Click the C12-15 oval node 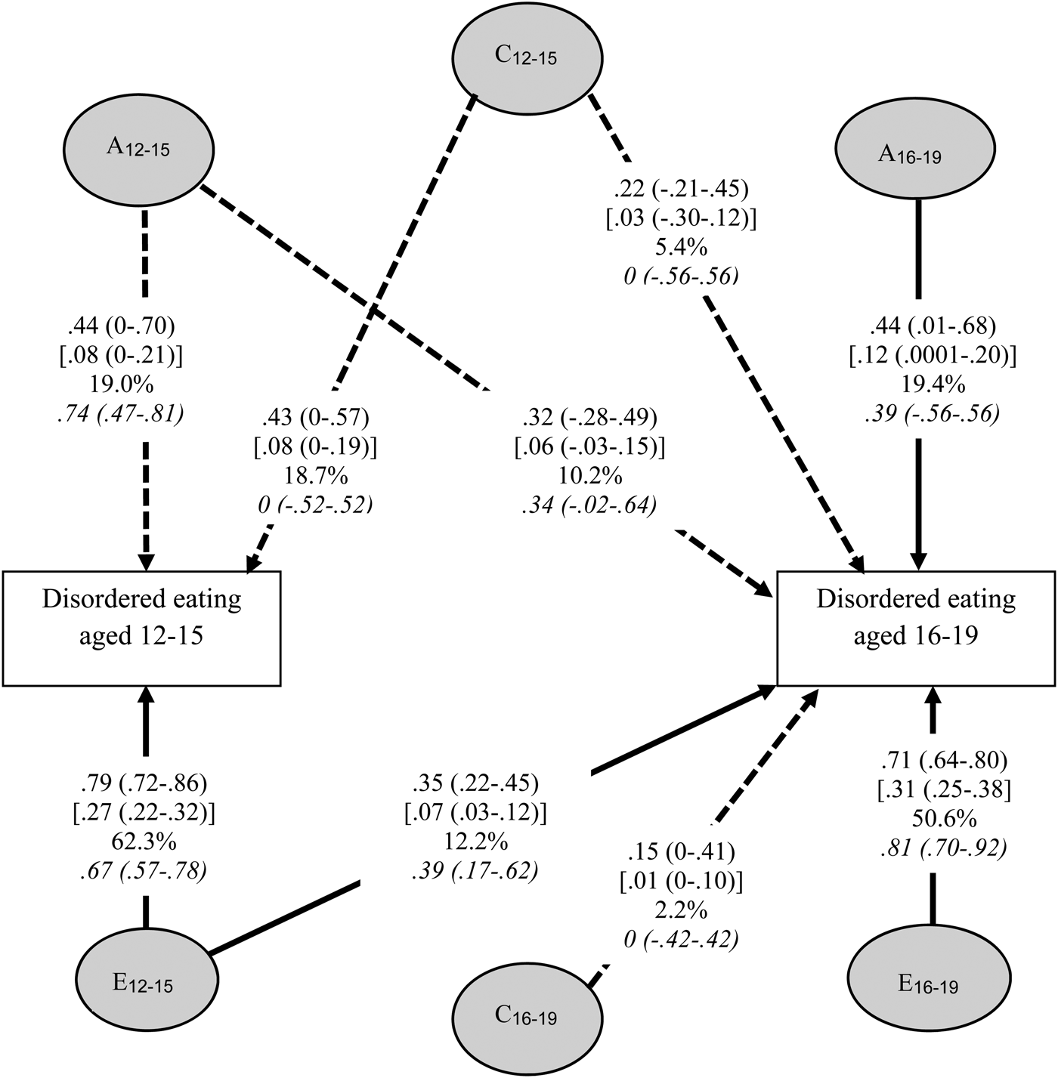(x=527, y=57)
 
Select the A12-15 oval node (x=139, y=147)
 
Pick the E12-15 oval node (x=144, y=982)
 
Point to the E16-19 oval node (x=929, y=984)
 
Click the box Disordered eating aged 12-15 (x=141, y=628)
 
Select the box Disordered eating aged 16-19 (x=917, y=628)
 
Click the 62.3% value (x=144, y=842)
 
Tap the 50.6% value (x=943, y=819)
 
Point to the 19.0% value (x=122, y=385)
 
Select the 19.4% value (x=932, y=385)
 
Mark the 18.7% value (x=315, y=475)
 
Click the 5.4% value (x=681, y=247)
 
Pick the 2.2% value (x=681, y=911)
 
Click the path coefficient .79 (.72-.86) (x=144, y=781)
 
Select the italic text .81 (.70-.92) (x=943, y=848)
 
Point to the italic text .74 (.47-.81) (x=122, y=414)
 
